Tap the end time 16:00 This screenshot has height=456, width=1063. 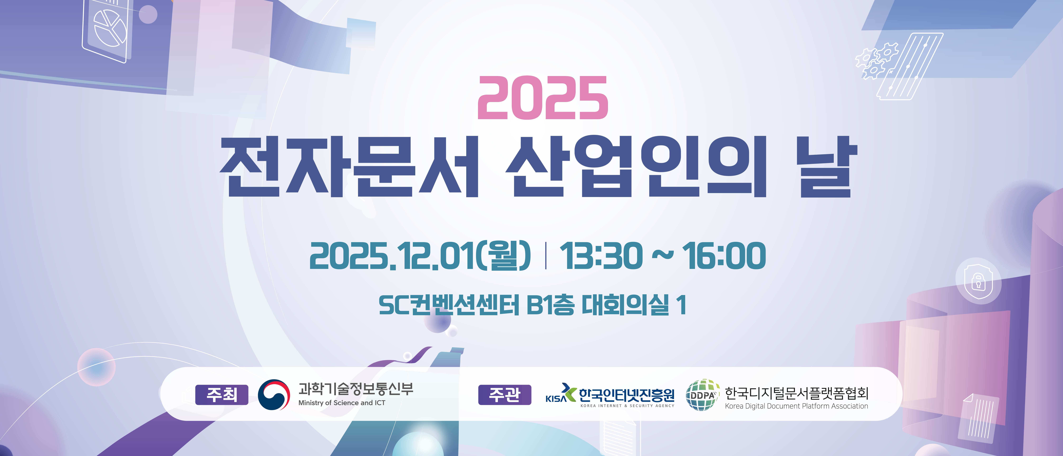[724, 256]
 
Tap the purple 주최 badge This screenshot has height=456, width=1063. [222, 395]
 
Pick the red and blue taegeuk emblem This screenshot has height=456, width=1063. [274, 395]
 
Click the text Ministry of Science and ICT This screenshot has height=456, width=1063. [342, 403]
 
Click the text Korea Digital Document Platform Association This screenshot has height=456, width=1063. [796, 406]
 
